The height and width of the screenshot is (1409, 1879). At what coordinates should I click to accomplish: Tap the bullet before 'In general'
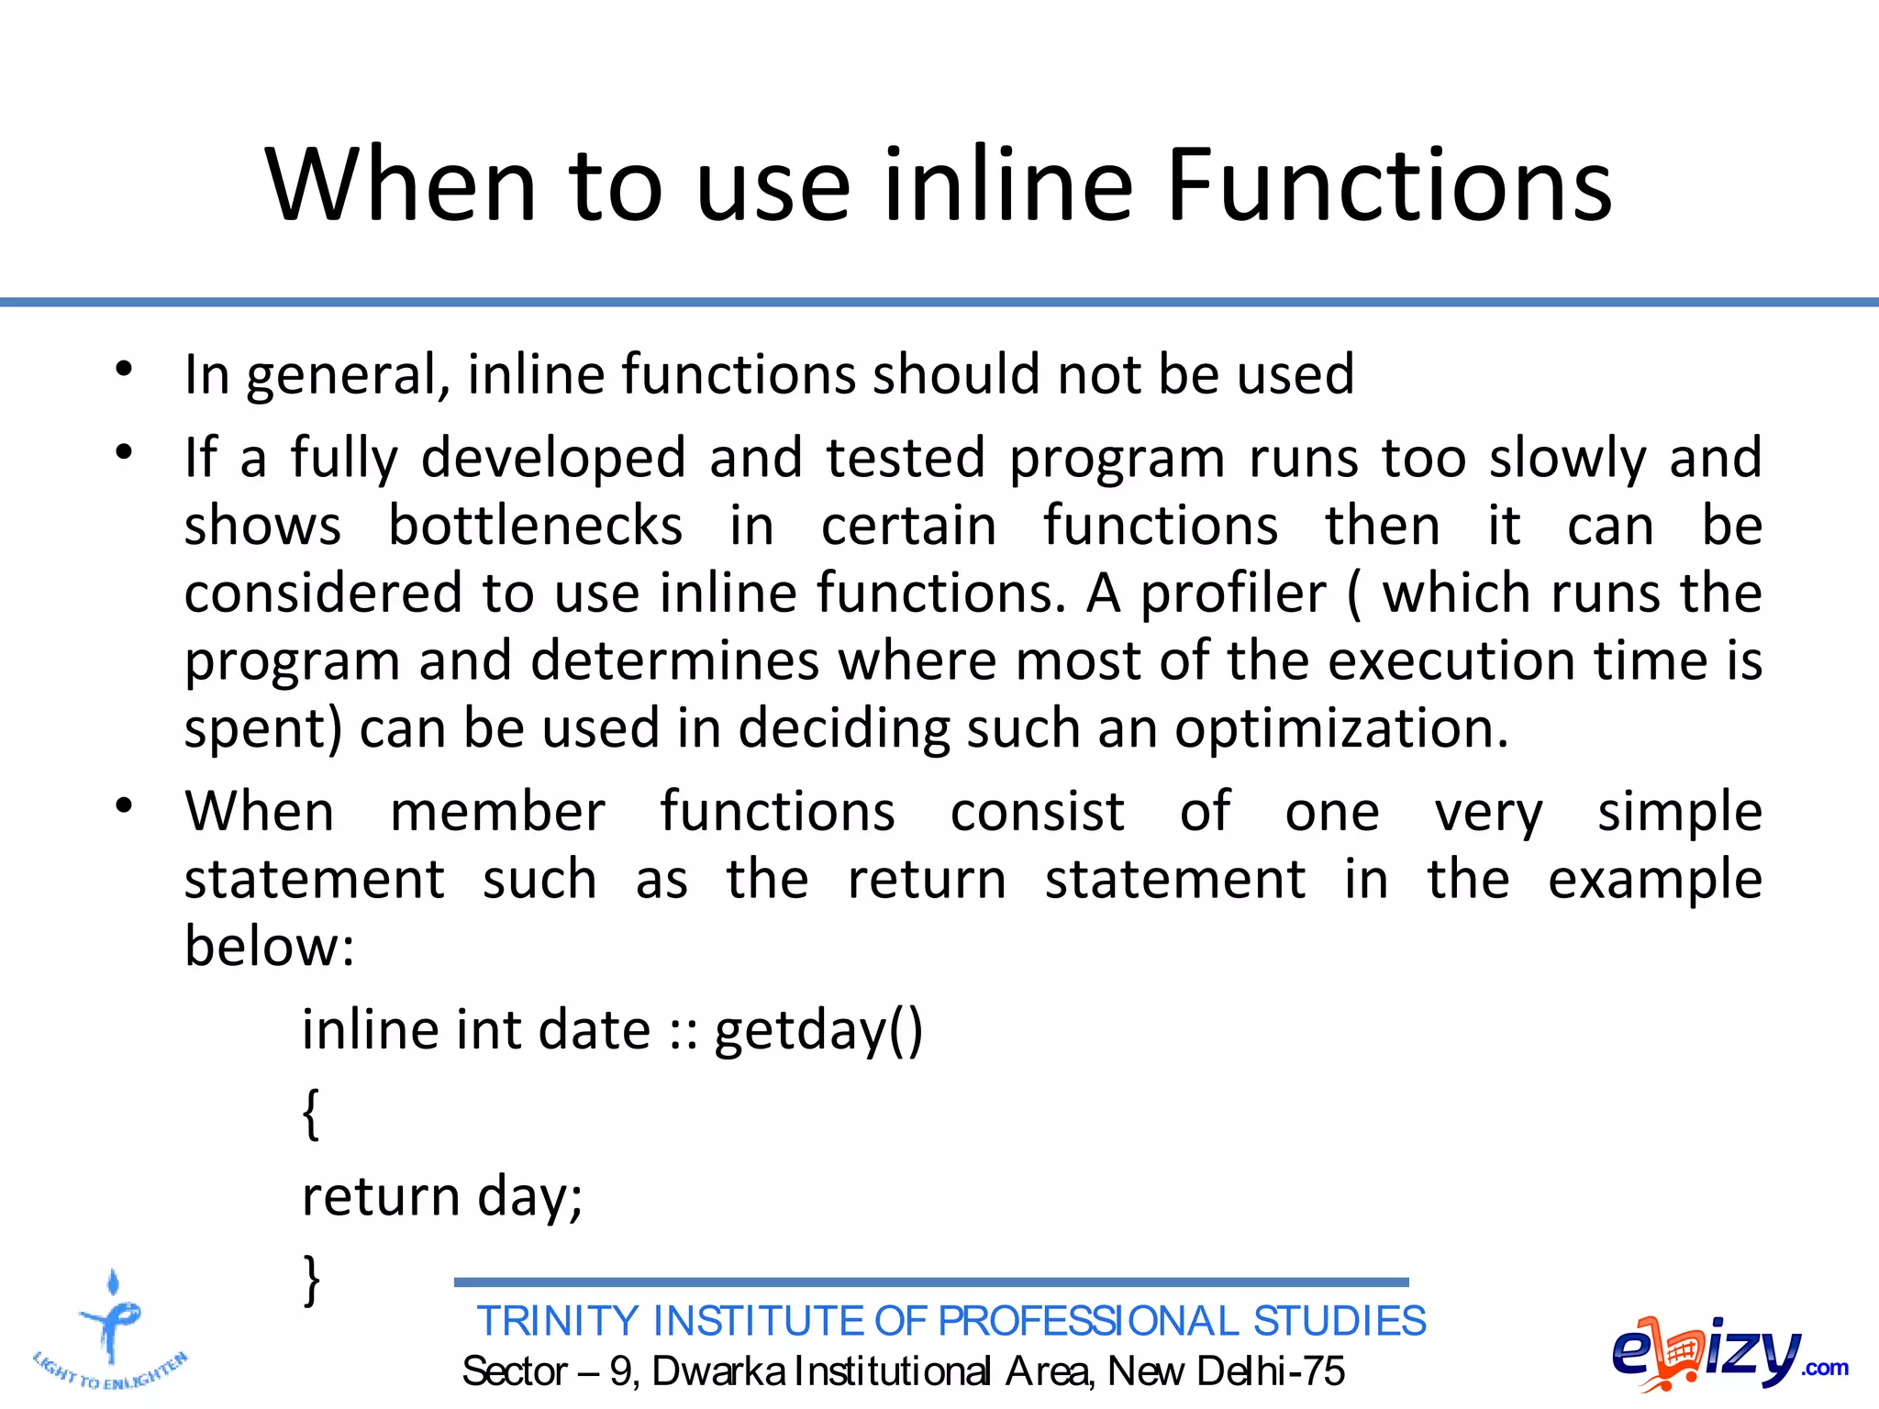tap(125, 370)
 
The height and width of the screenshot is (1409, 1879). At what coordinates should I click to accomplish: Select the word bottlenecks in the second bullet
tap(535, 526)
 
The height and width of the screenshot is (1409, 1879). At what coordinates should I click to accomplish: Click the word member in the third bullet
tap(497, 813)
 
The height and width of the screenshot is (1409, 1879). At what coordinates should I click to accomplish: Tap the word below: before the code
tap(269, 947)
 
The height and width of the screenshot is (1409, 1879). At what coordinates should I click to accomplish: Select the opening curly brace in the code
tap(311, 1114)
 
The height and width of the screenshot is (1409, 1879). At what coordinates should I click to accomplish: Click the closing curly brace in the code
tap(311, 1280)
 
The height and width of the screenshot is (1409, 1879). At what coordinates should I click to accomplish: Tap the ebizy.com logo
tap(1728, 1352)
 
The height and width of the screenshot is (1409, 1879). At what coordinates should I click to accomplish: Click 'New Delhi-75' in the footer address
tap(1226, 1371)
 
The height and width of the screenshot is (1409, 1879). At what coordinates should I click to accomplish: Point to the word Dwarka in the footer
tap(718, 1371)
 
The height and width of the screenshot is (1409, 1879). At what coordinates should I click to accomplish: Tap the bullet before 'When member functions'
tap(125, 806)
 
